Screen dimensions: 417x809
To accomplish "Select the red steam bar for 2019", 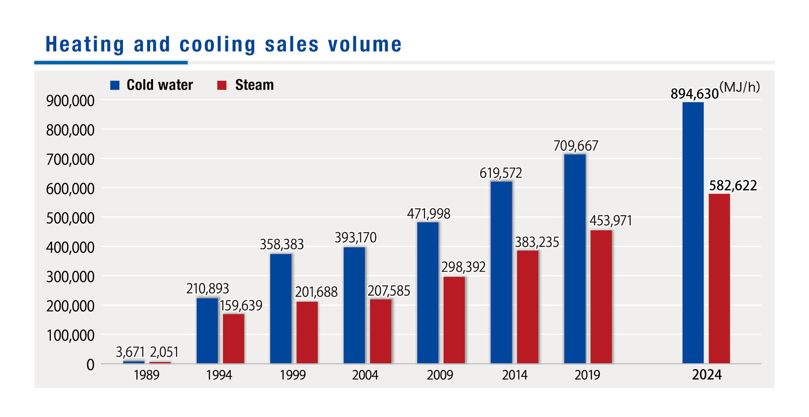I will click(601, 297).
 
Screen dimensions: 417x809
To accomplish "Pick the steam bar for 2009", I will click(454, 320).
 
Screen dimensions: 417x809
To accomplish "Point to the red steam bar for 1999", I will click(307, 332).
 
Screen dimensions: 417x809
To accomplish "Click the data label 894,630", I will click(694, 94).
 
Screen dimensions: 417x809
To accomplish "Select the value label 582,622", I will click(733, 186).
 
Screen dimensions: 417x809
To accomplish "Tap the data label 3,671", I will click(130, 352).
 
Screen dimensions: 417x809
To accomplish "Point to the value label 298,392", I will click(463, 267).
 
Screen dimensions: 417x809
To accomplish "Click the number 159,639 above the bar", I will click(241, 306).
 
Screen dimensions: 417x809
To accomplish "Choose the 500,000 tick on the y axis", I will click(70, 218).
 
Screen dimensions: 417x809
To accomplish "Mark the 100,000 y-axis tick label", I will click(70, 335).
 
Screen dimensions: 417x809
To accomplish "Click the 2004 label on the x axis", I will click(365, 375).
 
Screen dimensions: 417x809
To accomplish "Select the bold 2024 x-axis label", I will click(706, 375).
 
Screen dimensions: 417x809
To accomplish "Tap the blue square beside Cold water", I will click(115, 85).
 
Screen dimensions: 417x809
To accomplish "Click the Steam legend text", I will click(254, 85).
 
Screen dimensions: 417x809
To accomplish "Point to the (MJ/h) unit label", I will click(739, 87).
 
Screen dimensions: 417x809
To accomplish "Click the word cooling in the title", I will click(217, 45).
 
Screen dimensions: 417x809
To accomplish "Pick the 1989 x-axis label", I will click(146, 375).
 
